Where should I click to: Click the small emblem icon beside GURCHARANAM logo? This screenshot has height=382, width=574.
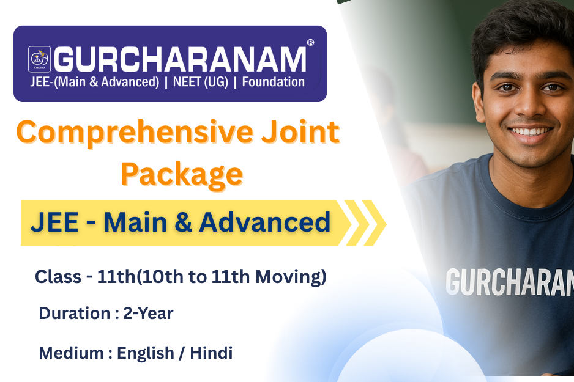(x=40, y=59)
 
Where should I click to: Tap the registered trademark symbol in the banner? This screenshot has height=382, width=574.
(x=310, y=42)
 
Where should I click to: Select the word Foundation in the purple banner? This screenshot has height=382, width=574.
(x=273, y=82)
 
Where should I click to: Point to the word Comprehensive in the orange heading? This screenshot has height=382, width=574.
(x=135, y=133)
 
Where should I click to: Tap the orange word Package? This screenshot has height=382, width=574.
(x=182, y=175)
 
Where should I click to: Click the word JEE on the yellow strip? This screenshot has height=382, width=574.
(x=55, y=222)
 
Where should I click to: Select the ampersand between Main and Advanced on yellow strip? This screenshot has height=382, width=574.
(x=183, y=222)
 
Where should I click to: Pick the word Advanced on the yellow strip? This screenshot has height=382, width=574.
(x=265, y=222)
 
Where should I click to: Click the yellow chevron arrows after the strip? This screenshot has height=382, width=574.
(x=365, y=223)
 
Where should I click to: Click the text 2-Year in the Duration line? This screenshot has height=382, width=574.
(x=148, y=314)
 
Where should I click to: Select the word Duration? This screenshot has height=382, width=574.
(x=75, y=314)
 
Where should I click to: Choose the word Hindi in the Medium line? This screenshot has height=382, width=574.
(x=211, y=353)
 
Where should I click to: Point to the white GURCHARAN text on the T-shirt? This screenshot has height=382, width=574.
(x=510, y=282)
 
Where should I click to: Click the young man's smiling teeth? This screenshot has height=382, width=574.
(x=529, y=131)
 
